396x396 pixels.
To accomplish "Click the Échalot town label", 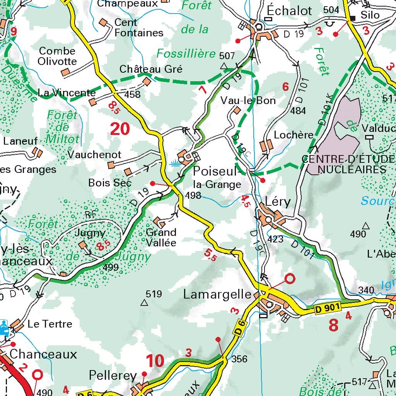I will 289,11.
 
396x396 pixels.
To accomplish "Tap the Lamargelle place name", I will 217,294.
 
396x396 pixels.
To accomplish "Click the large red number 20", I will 119,129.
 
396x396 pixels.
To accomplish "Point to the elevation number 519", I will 154,294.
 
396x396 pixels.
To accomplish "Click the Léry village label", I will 277,202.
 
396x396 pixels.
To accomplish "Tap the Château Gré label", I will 151,69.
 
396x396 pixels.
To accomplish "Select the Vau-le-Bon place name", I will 248,101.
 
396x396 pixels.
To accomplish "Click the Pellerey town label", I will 113,376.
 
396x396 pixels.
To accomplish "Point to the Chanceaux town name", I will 43,354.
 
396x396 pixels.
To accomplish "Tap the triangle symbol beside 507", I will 224,67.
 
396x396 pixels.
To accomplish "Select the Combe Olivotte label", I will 58,56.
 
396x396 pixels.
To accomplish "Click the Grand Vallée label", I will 161,237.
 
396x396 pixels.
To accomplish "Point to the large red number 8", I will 333,325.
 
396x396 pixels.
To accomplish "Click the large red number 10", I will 155,361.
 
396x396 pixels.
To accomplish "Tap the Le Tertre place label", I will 50,324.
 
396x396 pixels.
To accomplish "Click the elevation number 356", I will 239,359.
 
